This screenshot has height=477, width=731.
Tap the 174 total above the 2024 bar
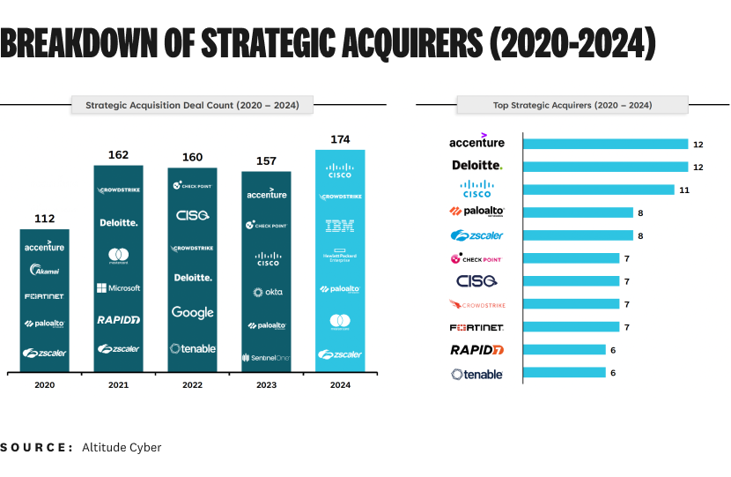[x=340, y=139]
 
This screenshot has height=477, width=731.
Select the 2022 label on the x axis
[x=192, y=385]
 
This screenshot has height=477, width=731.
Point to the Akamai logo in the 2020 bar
[x=44, y=270]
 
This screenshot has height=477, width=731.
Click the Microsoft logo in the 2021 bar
[x=118, y=288]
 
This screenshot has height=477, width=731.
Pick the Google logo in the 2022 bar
[x=192, y=312]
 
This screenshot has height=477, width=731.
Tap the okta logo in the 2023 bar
[x=267, y=292]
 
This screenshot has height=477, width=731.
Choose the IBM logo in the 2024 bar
[x=340, y=226]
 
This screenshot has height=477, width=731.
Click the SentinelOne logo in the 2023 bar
[x=267, y=357]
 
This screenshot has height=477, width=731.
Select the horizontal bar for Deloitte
[x=605, y=167]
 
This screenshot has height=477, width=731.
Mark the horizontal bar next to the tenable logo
[x=564, y=373]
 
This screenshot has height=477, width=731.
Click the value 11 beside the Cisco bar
[x=683, y=190]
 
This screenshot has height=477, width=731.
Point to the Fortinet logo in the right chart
[x=476, y=327]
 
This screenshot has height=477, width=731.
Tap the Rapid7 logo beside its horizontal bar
[x=476, y=350]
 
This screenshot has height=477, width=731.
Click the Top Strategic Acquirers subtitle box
[x=572, y=105]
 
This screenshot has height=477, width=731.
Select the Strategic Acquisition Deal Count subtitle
[x=192, y=105]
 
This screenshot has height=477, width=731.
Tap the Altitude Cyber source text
[x=122, y=447]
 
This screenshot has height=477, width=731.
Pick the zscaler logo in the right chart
[x=476, y=235]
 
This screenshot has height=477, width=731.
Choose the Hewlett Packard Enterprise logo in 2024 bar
[x=340, y=257]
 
